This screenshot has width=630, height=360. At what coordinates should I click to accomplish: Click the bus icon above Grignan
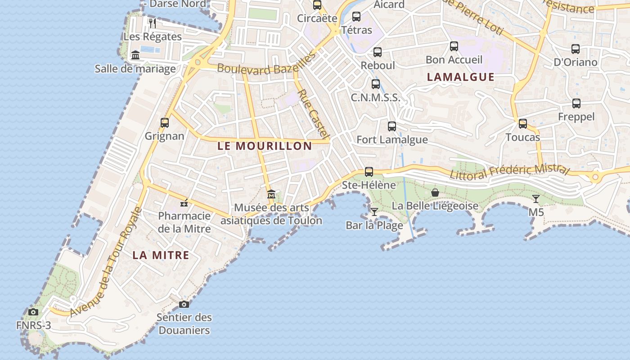point(165,122)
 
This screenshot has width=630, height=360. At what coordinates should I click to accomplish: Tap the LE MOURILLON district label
point(265,146)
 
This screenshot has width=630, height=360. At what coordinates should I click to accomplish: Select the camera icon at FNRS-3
point(33,312)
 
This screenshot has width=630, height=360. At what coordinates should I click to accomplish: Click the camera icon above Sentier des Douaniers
point(184,304)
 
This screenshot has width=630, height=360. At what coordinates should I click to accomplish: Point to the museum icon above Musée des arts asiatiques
point(271,194)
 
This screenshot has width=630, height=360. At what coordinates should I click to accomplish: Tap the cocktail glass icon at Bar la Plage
point(374,211)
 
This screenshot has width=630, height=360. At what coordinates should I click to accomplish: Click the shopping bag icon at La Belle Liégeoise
point(435,193)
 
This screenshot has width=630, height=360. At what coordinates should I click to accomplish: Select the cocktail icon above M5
point(535,198)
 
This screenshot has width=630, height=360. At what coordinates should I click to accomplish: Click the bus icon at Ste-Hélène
point(369,171)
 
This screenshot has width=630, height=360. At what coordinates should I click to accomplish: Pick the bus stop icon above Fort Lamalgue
point(392,126)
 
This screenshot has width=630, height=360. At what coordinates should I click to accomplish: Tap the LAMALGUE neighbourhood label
point(460,77)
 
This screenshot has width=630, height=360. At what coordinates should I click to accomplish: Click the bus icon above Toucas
point(522,123)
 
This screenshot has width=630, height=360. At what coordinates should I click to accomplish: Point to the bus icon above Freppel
point(576,103)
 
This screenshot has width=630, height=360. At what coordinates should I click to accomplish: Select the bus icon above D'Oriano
point(575,49)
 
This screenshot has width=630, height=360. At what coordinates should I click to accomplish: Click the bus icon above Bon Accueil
point(454,46)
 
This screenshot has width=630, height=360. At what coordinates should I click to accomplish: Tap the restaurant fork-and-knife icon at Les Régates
point(153,23)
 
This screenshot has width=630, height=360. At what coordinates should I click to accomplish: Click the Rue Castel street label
point(314,113)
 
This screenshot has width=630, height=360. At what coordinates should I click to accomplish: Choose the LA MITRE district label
point(161,255)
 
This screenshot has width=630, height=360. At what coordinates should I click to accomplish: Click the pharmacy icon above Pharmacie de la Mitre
point(184,203)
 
